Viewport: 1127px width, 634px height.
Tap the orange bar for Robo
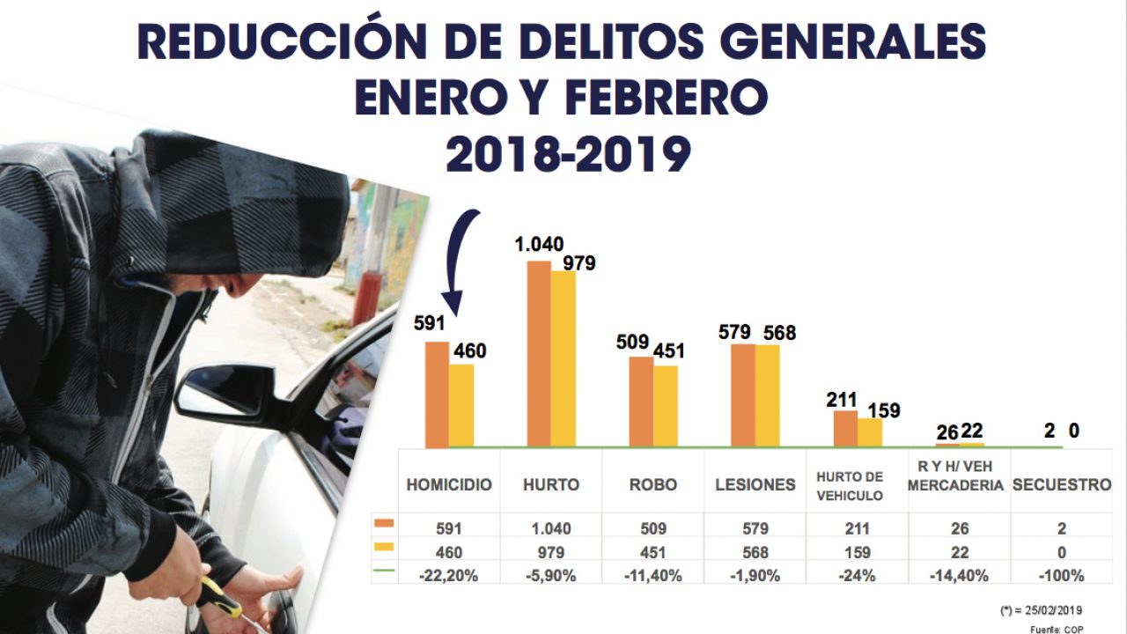pyautogui.click(x=641, y=402)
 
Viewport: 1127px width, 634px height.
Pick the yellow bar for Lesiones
pyautogui.click(x=768, y=396)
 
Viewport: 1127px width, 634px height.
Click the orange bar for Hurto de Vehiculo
pyautogui.click(x=845, y=429)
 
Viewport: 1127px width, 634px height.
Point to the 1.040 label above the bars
pyautogui.click(x=540, y=245)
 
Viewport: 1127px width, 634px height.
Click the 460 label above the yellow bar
pyautogui.click(x=468, y=351)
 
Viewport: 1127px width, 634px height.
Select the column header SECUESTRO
pyautogui.click(x=1062, y=485)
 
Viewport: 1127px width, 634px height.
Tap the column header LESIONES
pyautogui.click(x=755, y=485)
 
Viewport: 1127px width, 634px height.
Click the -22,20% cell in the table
pyautogui.click(x=449, y=576)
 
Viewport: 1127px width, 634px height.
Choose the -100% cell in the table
pyautogui.click(x=1062, y=576)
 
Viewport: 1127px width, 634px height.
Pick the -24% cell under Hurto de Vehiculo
pyautogui.click(x=857, y=576)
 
